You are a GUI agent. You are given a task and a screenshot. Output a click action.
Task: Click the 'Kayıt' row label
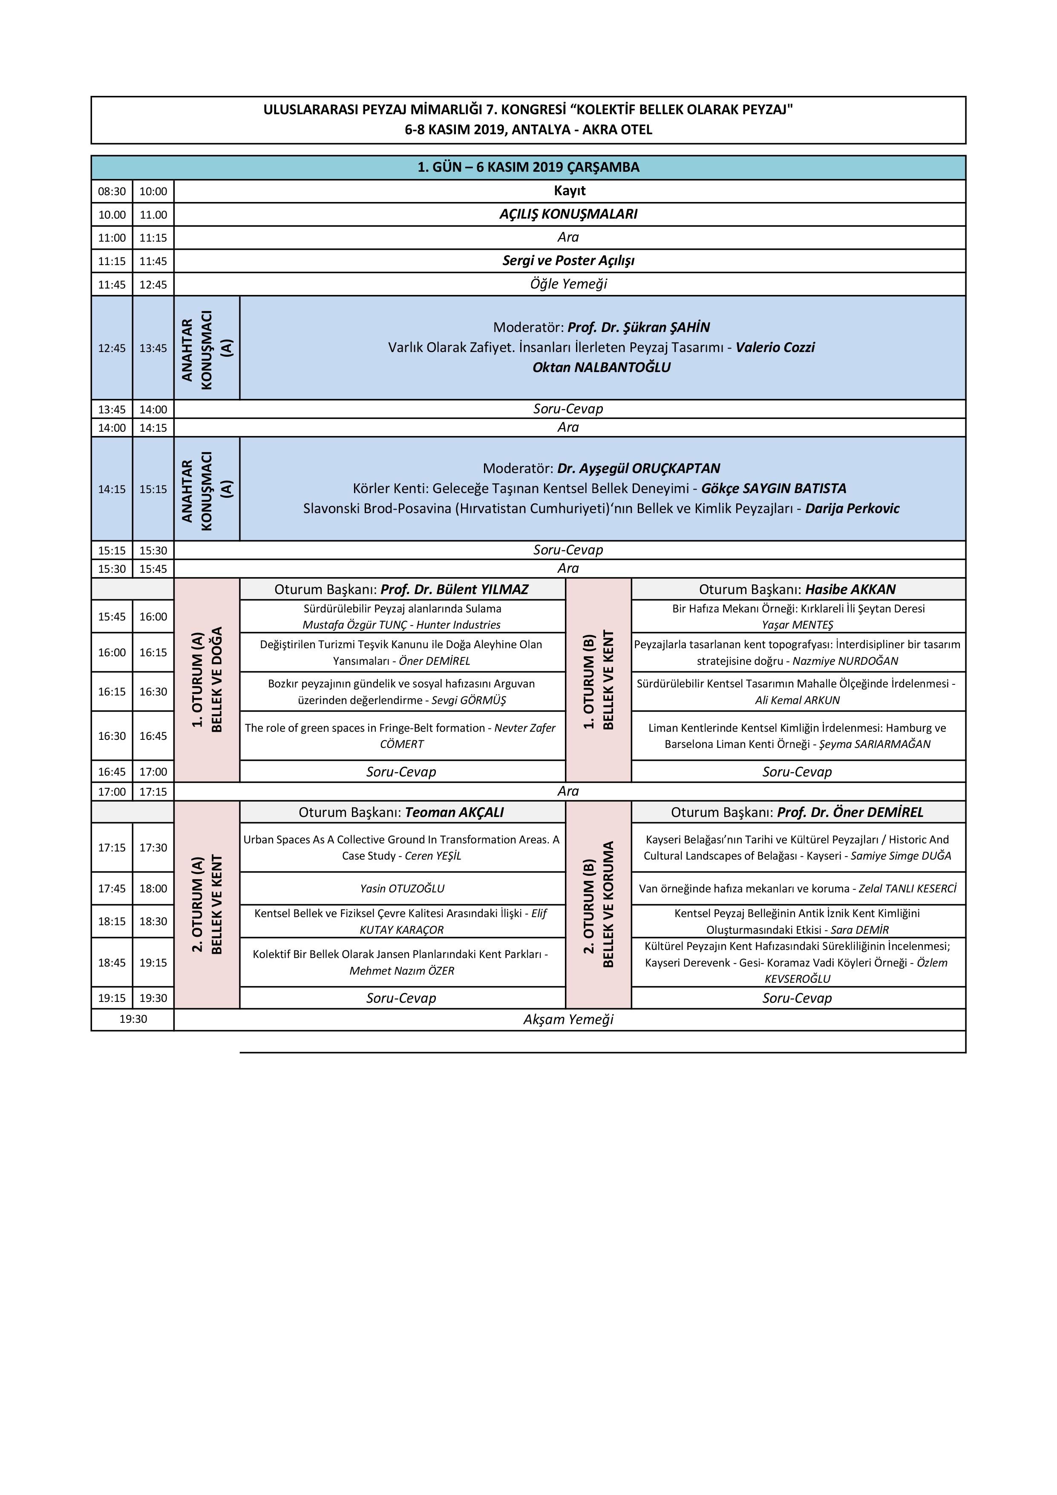point(570,191)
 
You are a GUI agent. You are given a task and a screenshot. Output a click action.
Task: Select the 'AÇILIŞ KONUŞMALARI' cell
point(568,214)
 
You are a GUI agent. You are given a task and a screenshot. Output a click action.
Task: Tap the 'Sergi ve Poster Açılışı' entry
point(568,260)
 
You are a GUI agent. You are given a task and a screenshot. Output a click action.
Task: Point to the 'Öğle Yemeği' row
point(568,284)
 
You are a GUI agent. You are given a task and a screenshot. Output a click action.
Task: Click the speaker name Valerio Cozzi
point(775,347)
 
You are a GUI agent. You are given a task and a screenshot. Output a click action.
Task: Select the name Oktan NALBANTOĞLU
point(602,367)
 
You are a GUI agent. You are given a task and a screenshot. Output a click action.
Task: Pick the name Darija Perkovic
point(852,508)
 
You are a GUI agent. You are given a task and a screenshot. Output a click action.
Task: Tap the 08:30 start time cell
point(112,191)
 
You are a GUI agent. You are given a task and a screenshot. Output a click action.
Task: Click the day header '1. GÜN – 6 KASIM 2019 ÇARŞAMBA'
point(528,167)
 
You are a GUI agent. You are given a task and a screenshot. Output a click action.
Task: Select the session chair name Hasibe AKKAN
point(850,589)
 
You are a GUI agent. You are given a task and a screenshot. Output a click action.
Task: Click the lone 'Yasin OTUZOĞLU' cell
point(402,888)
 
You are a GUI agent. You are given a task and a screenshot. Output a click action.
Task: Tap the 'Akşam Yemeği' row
point(568,1020)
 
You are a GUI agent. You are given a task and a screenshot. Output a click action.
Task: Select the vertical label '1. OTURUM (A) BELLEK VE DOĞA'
point(207,679)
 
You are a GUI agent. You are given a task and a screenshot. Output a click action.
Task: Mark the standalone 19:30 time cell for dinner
point(133,1020)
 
